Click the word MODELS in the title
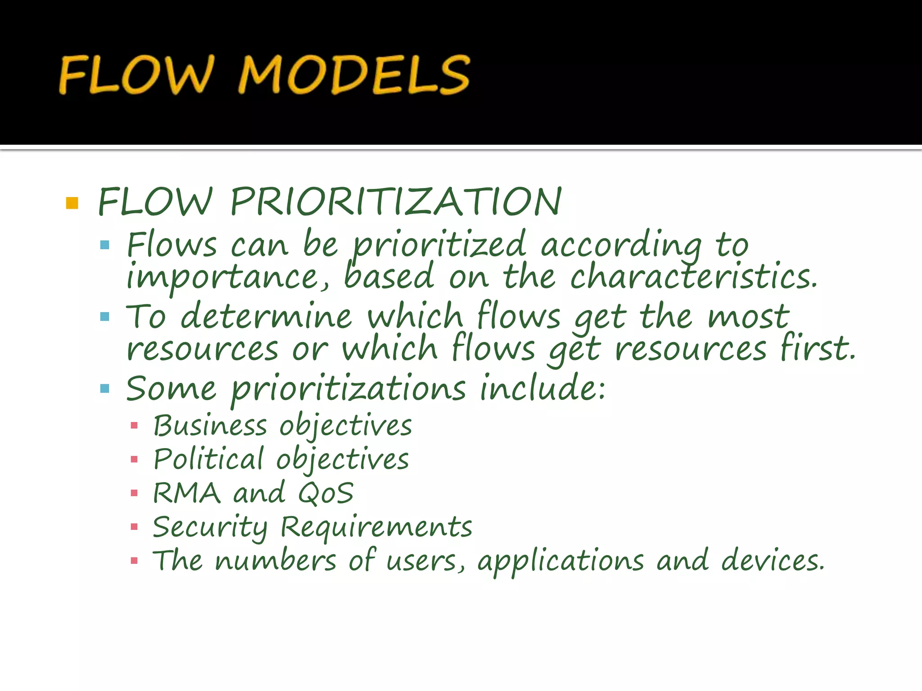pyautogui.click(x=354, y=75)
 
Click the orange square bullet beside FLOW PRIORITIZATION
pyautogui.click(x=72, y=203)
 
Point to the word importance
pyautogui.click(x=228, y=278)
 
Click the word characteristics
pyautogui.click(x=693, y=276)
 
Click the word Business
pyautogui.click(x=210, y=426)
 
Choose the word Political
pyautogui.click(x=208, y=459)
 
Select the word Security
pyautogui.click(x=210, y=527)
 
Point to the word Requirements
pyautogui.click(x=376, y=527)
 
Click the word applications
pyautogui.click(x=560, y=561)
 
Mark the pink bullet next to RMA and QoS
pyautogui.click(x=134, y=493)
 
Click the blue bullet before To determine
pyautogui.click(x=105, y=317)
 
